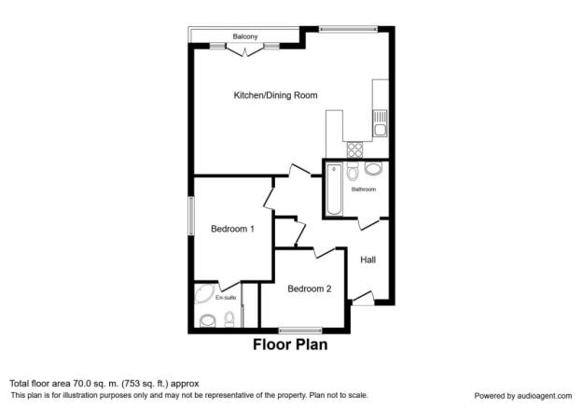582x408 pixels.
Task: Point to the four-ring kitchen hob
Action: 355,149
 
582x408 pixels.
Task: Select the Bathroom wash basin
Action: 374,169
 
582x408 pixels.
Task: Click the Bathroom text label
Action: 363,190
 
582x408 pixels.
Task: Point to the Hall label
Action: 367,260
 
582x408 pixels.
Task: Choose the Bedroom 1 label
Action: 232,229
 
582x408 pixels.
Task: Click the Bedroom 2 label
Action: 309,289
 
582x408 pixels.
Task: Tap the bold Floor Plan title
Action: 290,345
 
